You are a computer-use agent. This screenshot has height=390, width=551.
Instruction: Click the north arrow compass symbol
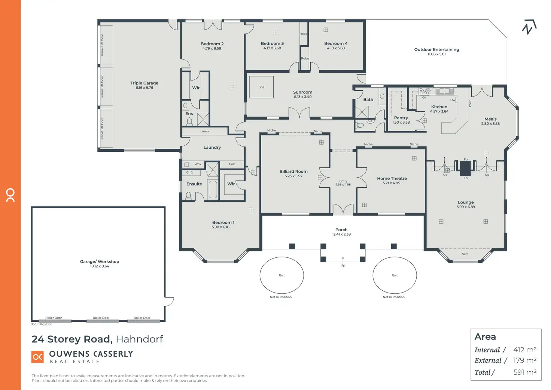point(529,27)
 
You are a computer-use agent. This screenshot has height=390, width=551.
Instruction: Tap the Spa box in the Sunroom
point(261,87)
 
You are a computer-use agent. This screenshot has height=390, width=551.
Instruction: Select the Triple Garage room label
point(144,83)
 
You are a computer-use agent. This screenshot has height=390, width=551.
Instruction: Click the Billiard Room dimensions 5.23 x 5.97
point(293,176)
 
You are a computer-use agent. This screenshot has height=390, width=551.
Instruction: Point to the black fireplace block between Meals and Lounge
point(465,169)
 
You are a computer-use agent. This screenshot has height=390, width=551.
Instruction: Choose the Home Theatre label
point(392,178)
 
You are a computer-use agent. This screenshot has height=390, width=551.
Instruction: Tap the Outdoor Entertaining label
point(436,49)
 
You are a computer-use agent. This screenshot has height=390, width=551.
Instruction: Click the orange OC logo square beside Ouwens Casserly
point(38,357)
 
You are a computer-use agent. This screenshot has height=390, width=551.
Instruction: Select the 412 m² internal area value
point(525,350)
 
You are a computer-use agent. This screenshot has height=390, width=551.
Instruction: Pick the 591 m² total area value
point(525,372)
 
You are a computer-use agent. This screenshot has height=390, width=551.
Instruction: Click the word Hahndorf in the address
point(139,339)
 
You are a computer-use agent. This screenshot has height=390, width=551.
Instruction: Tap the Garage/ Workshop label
point(99,261)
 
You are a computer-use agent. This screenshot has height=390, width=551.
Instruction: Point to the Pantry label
point(401,118)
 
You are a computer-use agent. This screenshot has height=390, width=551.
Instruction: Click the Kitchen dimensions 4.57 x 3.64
point(439,112)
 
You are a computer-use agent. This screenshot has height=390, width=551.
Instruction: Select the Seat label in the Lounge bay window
point(465,254)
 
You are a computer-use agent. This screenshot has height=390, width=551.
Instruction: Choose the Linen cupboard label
point(204,131)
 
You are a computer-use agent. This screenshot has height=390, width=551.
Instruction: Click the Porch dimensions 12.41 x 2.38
point(341,235)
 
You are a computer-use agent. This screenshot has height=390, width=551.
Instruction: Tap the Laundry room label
point(212,148)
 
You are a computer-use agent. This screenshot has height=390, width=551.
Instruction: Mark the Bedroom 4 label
point(336,43)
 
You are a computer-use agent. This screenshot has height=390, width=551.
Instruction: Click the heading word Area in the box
point(485,337)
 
